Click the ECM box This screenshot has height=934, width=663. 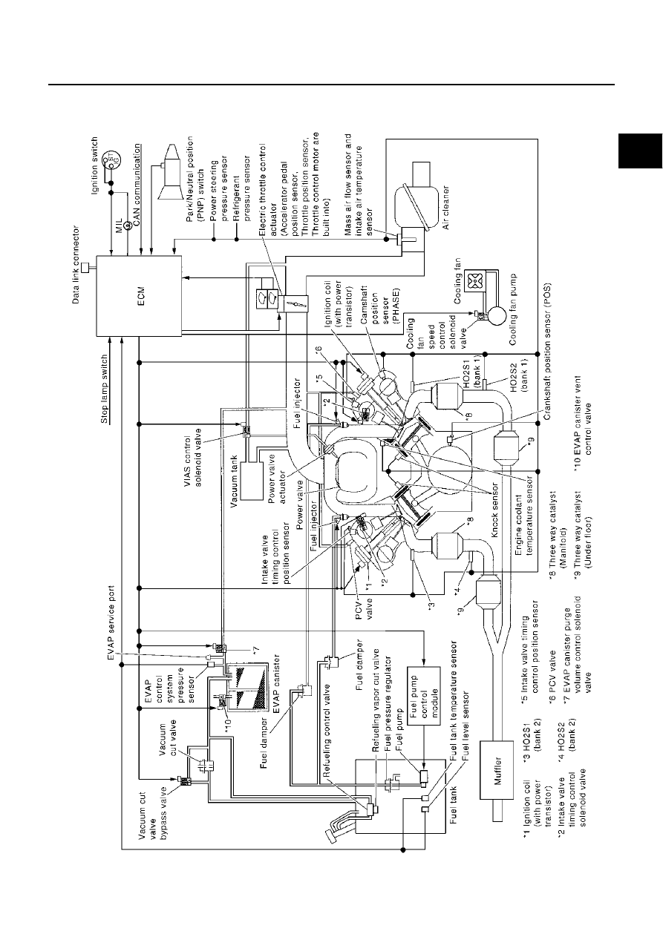point(139,295)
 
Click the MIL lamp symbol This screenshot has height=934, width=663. point(129,226)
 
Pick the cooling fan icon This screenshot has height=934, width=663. point(476,283)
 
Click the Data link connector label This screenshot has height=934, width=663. point(76,264)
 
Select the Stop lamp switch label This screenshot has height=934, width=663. point(105,389)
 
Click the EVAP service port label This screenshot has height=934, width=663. point(111,623)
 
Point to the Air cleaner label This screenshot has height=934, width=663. point(446,207)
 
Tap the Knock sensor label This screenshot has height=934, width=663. point(495,510)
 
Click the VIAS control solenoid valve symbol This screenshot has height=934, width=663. point(245,429)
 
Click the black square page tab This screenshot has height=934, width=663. point(640,151)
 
